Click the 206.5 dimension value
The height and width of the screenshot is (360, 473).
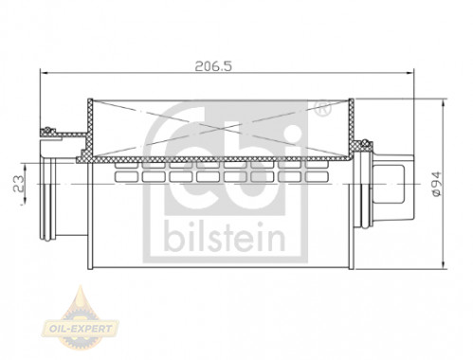pos(213,66)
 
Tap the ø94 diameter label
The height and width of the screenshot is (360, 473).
pos(437,185)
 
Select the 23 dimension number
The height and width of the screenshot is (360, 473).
pos(19,184)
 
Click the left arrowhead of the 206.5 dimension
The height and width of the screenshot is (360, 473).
pos(45,73)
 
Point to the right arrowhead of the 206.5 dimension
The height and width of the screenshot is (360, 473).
pos(409,73)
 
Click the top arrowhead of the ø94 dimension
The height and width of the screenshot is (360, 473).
pos(444,103)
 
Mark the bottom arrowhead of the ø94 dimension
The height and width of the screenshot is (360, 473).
pos(444,265)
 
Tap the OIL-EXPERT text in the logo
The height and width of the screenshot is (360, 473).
pos(80,329)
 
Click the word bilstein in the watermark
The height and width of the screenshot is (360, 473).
pos(225,236)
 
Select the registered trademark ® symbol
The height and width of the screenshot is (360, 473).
pos(322,108)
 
